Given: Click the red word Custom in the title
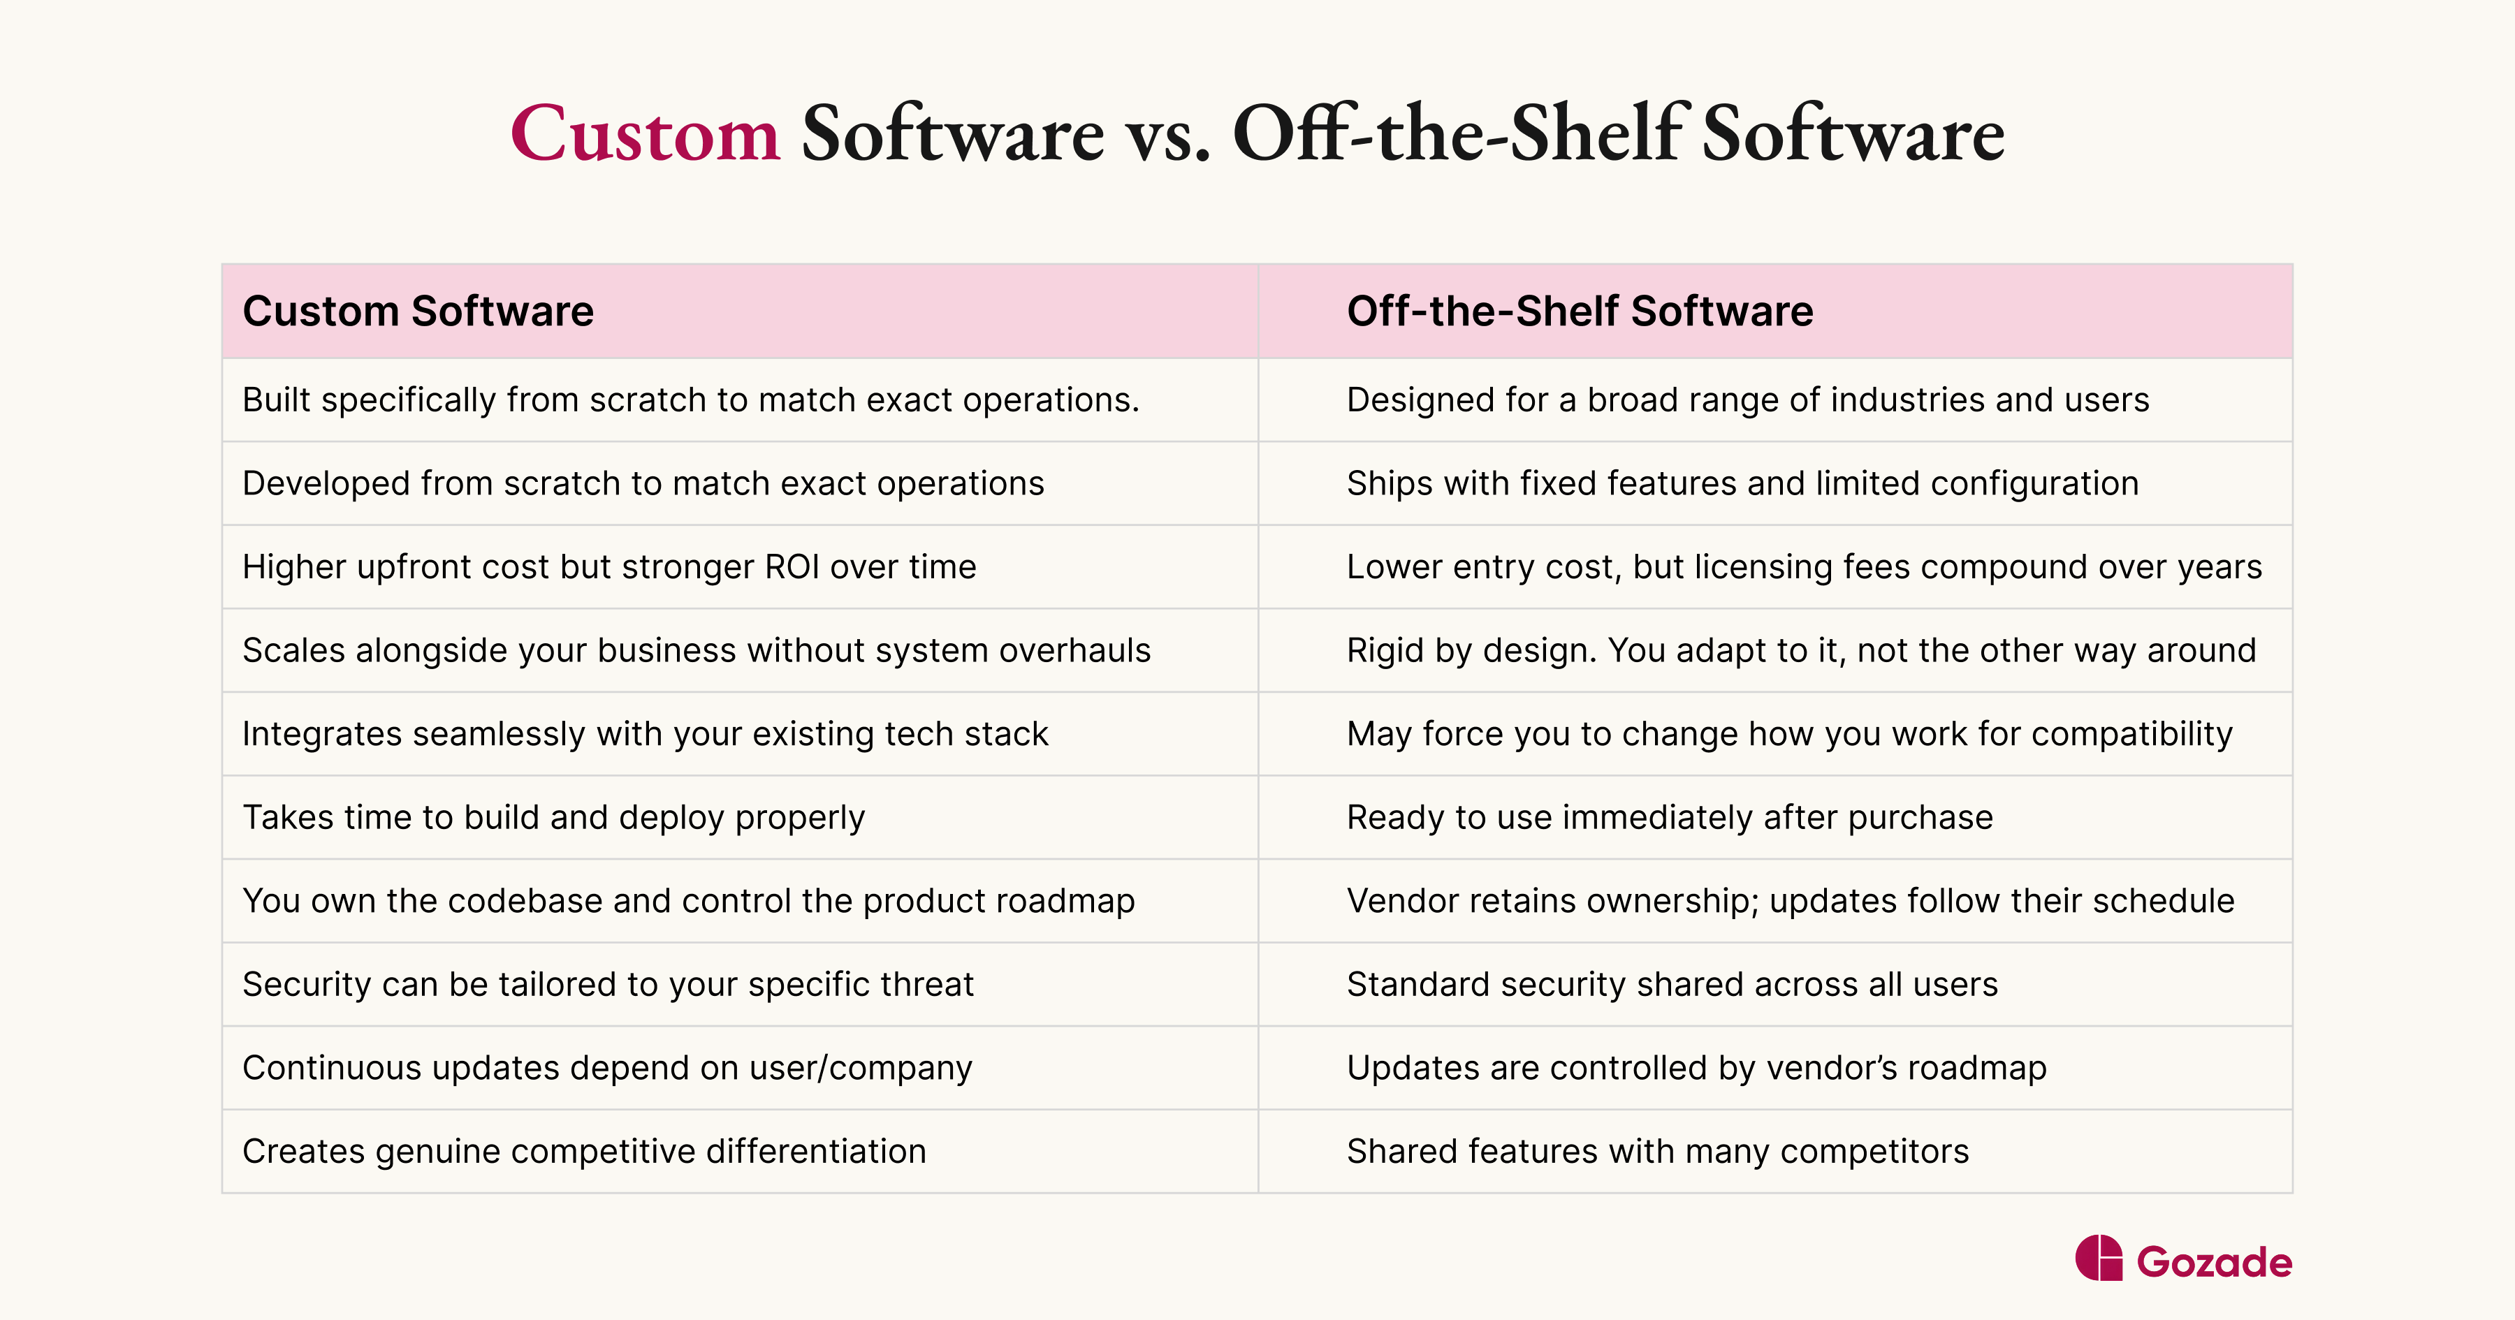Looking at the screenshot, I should point(644,134).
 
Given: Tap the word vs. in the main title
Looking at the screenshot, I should point(1167,134).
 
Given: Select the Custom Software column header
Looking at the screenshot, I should point(418,311).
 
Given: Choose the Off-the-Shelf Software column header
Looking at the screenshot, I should point(1580,311).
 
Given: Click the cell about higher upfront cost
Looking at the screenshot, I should point(609,567).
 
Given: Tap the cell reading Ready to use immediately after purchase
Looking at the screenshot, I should point(1670,817).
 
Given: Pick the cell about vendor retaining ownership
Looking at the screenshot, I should point(1790,901).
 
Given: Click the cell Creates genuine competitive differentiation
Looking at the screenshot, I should point(584,1151).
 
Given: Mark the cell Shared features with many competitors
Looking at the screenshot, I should point(1657,1151).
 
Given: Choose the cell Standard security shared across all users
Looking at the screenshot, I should point(1672,984).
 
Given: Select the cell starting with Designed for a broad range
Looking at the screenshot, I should point(1748,400).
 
